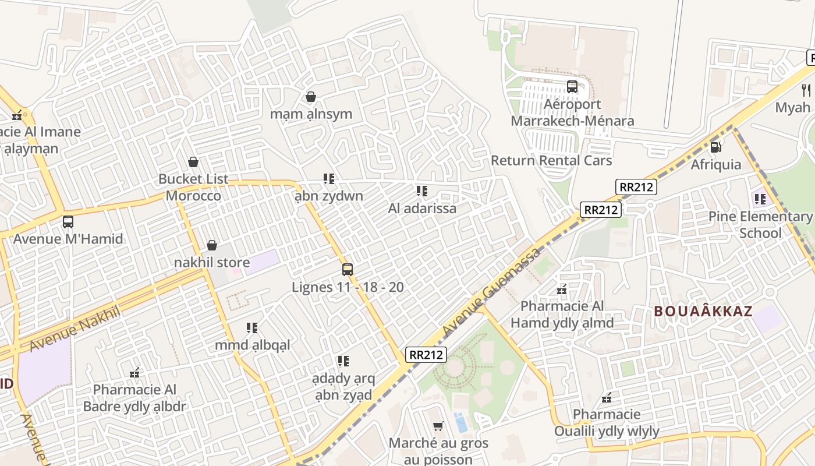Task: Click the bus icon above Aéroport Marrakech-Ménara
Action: [x=572, y=87]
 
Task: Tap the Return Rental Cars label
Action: [x=551, y=160]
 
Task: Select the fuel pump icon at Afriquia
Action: [x=716, y=147]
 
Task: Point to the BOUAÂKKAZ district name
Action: [x=703, y=311]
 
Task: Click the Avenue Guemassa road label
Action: [x=491, y=292]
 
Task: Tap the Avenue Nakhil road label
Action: [x=74, y=328]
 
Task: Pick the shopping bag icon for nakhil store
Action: [x=212, y=245]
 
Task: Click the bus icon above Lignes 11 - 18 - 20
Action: [x=348, y=269]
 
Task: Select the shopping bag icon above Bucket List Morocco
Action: [x=193, y=161]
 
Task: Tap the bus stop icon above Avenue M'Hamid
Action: [x=68, y=221]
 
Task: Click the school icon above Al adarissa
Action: [x=422, y=190]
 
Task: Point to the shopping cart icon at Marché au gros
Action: [x=438, y=426]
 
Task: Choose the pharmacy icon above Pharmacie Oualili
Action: [x=607, y=398]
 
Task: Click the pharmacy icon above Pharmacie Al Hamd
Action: [x=562, y=289]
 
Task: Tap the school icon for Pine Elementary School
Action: [x=760, y=199]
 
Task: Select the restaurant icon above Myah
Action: [x=806, y=90]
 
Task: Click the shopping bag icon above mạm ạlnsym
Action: [x=311, y=96]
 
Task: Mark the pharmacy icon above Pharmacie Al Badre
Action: [x=134, y=372]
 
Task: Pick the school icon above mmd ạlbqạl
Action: [x=252, y=328]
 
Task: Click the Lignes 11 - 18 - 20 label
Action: [x=348, y=287]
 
